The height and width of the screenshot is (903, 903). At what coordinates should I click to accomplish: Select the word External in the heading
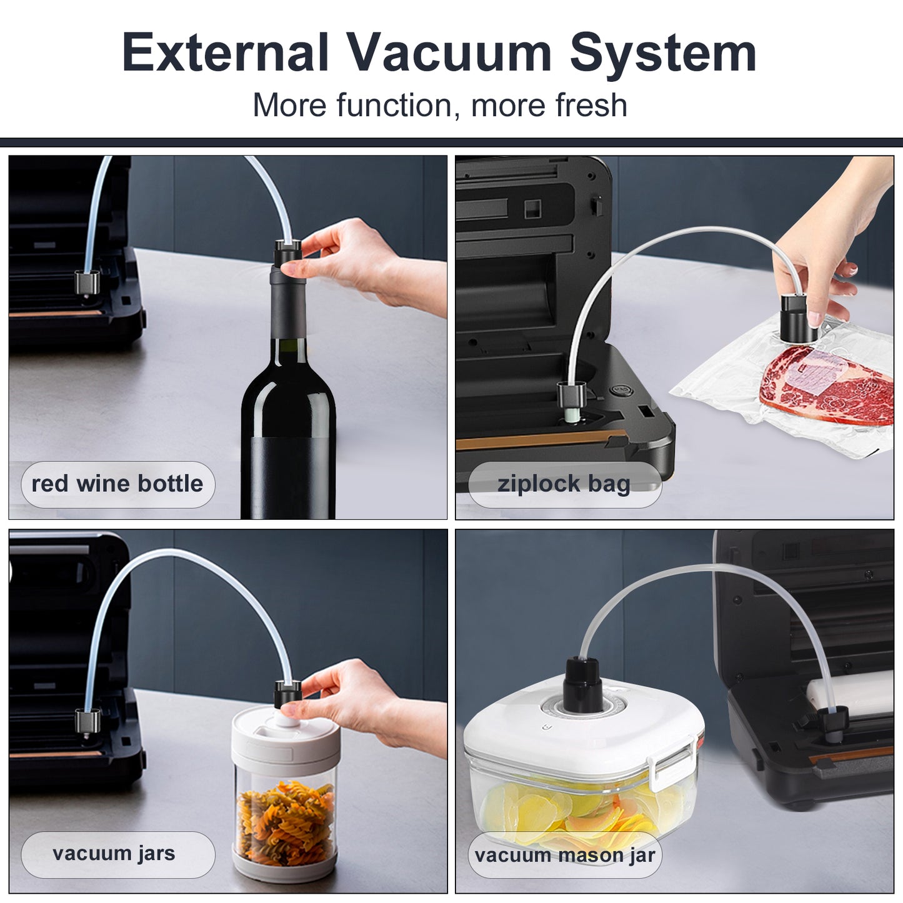click(x=226, y=52)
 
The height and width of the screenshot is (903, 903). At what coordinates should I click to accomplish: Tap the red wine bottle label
click(x=117, y=484)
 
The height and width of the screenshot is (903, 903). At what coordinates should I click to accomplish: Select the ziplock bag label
click(x=564, y=484)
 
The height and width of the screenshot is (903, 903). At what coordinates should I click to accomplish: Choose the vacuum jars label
click(x=117, y=854)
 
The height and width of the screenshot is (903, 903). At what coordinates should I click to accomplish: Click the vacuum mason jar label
click(x=564, y=855)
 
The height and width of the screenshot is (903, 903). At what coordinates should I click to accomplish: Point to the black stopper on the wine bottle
click(x=287, y=253)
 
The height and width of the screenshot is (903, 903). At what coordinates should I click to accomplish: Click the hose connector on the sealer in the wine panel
click(x=87, y=282)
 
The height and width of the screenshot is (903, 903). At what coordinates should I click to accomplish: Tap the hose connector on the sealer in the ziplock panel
click(x=571, y=394)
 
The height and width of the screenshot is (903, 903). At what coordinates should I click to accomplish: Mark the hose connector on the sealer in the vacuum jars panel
click(x=87, y=721)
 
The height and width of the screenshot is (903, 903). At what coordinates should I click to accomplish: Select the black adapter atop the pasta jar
click(x=287, y=694)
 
